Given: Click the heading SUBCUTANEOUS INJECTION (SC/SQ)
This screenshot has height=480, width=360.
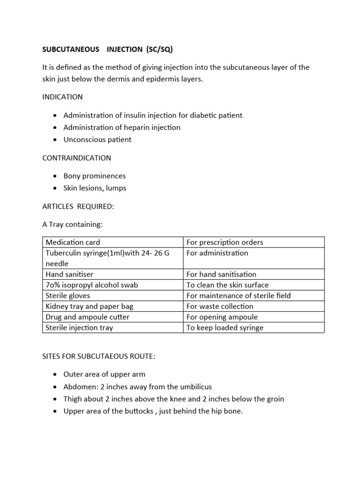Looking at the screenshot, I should coord(111,49).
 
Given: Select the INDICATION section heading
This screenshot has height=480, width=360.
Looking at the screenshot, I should coord(62,97).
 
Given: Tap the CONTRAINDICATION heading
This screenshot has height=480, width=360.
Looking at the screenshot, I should coord(76,158).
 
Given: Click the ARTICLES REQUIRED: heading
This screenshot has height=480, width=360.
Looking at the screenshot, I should coord(78,207).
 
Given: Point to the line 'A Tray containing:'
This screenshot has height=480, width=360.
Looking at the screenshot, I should coord(72,225).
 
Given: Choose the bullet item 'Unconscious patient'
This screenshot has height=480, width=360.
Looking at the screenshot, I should coord(97,140).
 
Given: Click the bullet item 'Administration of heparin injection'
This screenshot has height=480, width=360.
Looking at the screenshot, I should coord(122,127).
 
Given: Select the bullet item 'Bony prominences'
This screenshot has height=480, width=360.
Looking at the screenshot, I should coord(95,176).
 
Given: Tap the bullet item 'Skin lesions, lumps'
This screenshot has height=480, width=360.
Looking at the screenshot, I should coord(95,188).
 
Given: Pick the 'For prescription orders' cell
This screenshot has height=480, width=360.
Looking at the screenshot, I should coord(225,242).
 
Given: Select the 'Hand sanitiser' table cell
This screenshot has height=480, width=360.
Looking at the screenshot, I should coord(69,274).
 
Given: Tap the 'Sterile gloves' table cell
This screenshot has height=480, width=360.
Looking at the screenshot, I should coord(68,296).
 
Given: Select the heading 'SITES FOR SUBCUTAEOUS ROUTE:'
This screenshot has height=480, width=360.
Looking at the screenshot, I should coord(98,357).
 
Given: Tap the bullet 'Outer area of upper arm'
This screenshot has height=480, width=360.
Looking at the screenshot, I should coord(105,375).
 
